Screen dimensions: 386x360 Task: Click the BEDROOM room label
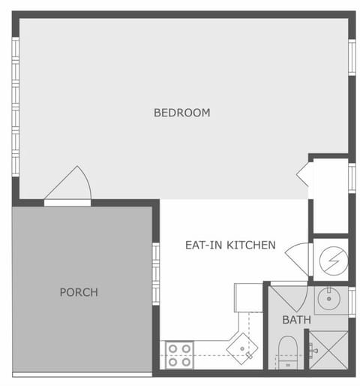tap(181, 113)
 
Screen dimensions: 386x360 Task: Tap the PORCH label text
tap(79, 292)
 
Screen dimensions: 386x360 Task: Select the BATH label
tap(296, 320)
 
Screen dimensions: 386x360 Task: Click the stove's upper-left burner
tap(172, 348)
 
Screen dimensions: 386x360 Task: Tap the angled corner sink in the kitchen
tap(242, 348)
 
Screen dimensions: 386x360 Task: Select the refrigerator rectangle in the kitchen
tap(247, 297)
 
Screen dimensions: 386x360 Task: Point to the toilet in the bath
tap(288, 351)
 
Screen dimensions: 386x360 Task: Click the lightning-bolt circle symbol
tap(329, 260)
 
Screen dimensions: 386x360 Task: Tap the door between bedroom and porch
tap(70, 188)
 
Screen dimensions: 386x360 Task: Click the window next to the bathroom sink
tap(351, 300)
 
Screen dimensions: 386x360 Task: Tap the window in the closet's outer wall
tap(351, 179)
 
